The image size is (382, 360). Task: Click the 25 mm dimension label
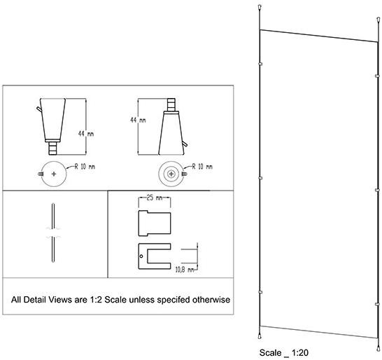pos(155,198)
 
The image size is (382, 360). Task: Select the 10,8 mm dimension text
pos(185,270)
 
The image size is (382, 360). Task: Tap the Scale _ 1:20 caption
pos(284,353)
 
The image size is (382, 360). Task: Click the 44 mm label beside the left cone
pos(86,134)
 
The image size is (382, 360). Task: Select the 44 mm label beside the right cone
pos(138,120)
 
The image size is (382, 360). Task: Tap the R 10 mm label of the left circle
pos(85,167)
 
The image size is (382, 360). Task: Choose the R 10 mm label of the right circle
pos(202,167)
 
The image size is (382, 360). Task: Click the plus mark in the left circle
pos(54,174)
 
